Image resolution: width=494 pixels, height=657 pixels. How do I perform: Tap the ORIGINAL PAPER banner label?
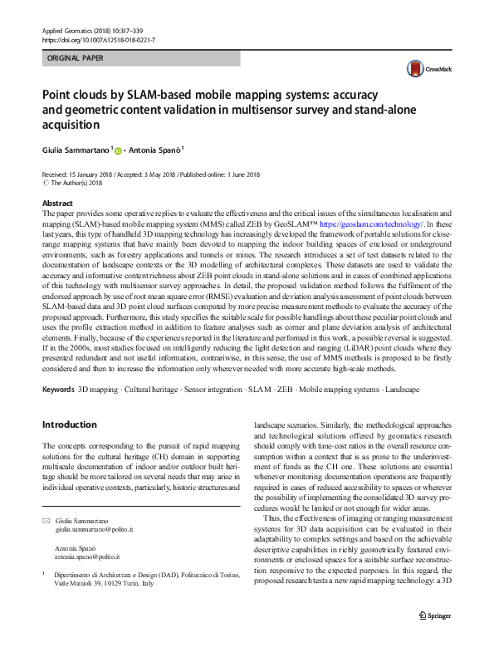(x=75, y=59)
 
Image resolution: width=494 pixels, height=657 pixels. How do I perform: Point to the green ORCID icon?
(x=119, y=150)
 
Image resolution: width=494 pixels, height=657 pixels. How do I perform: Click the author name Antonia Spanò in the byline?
(x=158, y=150)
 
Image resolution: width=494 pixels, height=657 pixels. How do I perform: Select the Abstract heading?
(x=57, y=203)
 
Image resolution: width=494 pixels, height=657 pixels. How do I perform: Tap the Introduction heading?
(x=69, y=424)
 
